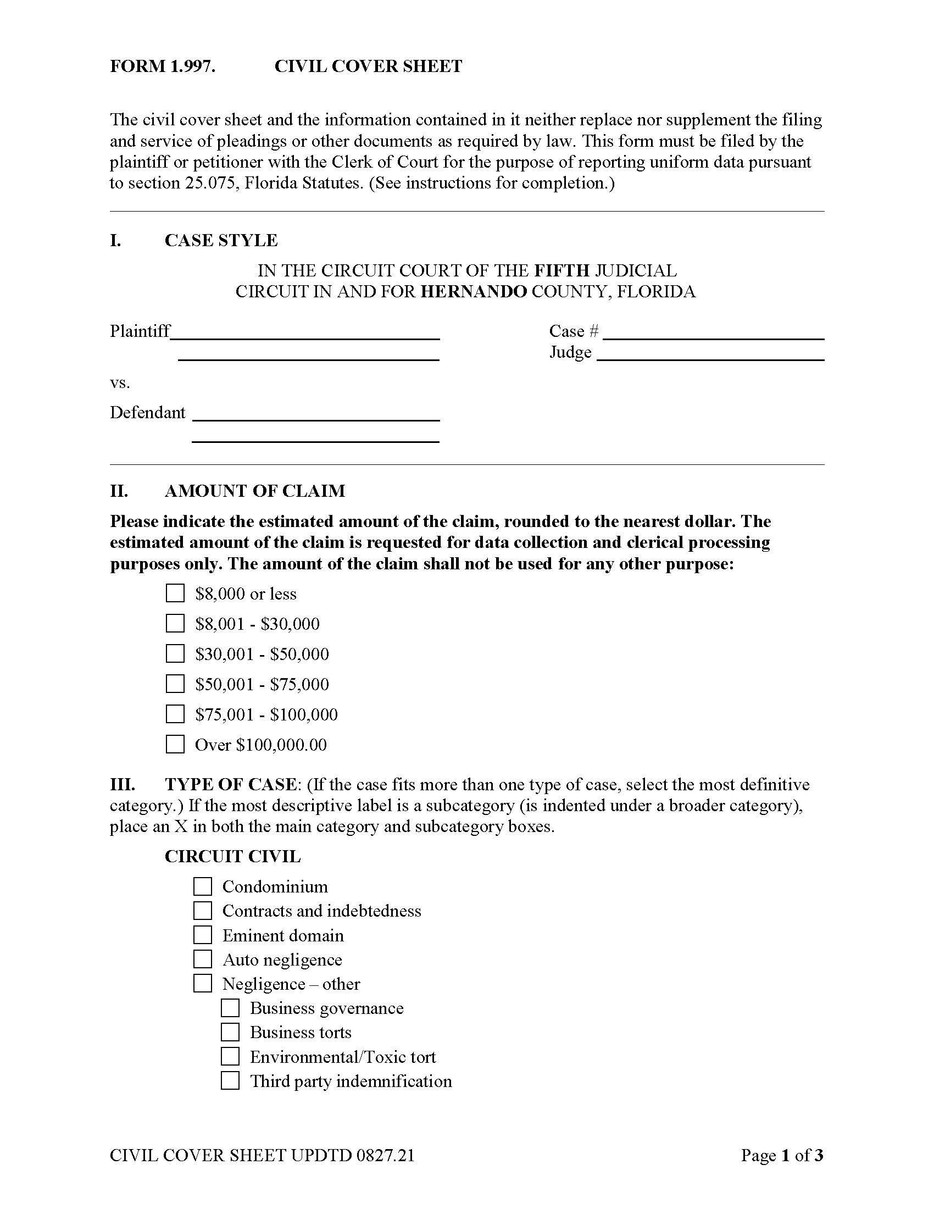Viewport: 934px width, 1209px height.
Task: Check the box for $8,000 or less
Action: [175, 594]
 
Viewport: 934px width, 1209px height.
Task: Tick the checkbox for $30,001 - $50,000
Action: [175, 654]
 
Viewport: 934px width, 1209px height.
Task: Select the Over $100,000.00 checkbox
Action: [175, 744]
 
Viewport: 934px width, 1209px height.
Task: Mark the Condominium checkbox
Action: [203, 886]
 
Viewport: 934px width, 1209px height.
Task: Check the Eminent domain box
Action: [203, 935]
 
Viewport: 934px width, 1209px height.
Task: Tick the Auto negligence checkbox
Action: [203, 960]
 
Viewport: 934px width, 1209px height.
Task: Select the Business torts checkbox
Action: [230, 1032]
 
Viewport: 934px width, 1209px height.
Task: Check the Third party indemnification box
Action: [230, 1080]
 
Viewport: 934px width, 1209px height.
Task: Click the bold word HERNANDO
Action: [474, 292]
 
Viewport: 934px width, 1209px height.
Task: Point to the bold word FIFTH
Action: [561, 271]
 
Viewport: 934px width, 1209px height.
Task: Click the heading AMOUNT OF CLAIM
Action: [254, 491]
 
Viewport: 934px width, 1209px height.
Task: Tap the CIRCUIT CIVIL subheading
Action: [232, 856]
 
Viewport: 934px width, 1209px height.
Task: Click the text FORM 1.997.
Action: [162, 66]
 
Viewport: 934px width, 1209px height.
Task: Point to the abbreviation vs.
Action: [120, 383]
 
